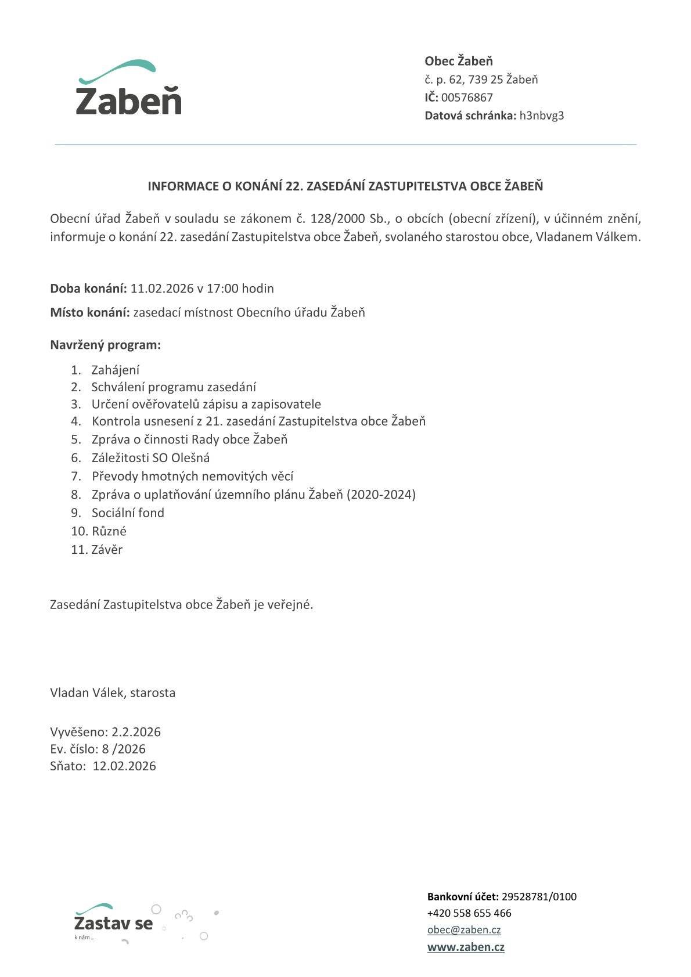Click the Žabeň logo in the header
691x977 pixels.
(129, 88)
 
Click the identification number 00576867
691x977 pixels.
(467, 98)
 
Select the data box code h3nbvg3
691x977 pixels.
(541, 116)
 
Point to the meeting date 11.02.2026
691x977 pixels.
(162, 289)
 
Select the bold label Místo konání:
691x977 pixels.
(89, 312)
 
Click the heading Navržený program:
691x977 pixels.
(105, 345)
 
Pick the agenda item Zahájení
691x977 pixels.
(115, 370)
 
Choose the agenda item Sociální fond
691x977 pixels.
(128, 513)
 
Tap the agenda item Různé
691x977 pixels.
(109, 531)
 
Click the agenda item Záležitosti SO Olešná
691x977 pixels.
(150, 457)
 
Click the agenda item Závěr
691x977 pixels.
(107, 549)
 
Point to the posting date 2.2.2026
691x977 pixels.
(136, 731)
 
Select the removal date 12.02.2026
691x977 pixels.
(124, 766)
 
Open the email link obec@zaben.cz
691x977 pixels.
(464, 930)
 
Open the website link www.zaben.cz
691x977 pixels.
(466, 947)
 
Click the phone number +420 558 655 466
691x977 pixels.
(469, 913)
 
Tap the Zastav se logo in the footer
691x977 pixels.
(114, 923)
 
